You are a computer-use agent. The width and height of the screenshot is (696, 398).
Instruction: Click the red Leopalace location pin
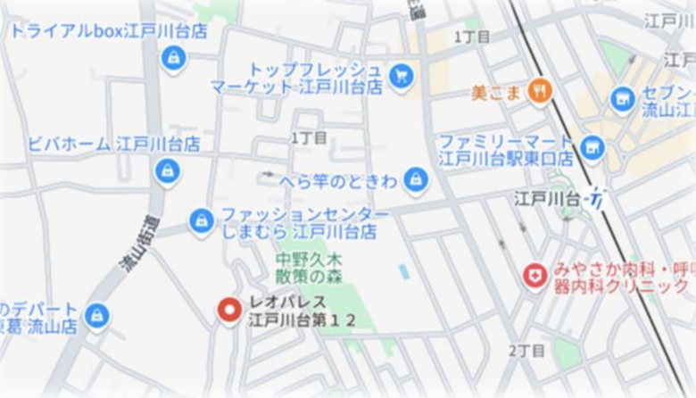(x=230, y=311)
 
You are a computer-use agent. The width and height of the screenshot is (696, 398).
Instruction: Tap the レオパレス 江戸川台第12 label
(x=302, y=311)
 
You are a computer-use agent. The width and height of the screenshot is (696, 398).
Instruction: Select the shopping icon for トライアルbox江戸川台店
(x=173, y=58)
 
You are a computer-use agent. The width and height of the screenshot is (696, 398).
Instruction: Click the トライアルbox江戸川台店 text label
(x=108, y=31)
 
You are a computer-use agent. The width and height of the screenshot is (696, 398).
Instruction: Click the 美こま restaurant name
(x=496, y=92)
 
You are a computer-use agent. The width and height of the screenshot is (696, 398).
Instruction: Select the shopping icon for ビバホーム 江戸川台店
(x=167, y=170)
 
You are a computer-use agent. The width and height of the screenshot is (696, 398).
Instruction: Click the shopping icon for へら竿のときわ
(x=415, y=179)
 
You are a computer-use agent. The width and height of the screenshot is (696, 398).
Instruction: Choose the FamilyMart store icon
(x=591, y=147)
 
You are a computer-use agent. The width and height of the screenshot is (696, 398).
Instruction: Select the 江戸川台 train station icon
(x=597, y=199)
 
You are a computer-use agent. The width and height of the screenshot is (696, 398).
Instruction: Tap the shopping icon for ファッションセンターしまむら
(x=202, y=220)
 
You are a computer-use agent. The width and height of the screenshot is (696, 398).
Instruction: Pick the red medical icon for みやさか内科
(x=535, y=276)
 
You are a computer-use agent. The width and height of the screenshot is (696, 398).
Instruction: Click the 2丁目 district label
(x=526, y=351)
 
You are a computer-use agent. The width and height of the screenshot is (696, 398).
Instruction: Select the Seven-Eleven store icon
(x=623, y=99)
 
